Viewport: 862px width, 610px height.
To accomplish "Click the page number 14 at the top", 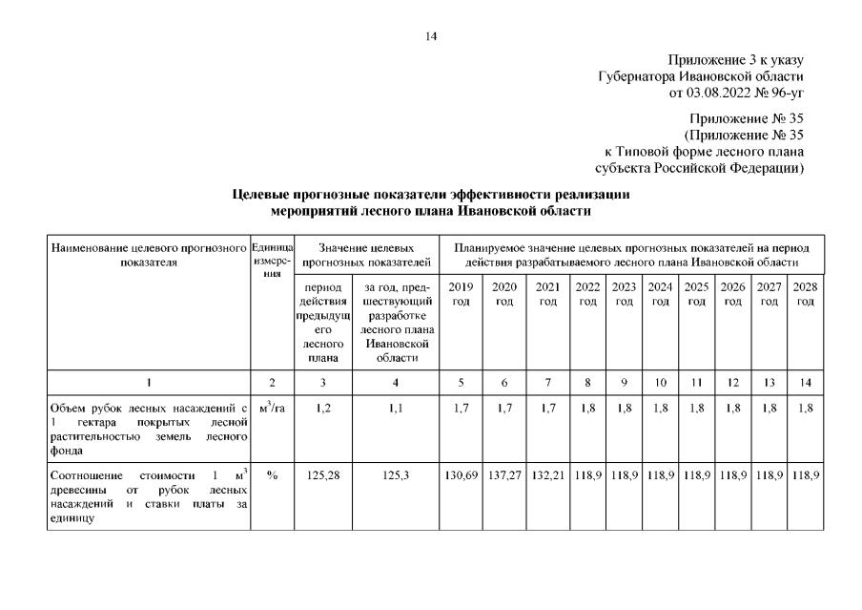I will click(431, 36).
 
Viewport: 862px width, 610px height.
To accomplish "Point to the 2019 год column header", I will click(461, 294).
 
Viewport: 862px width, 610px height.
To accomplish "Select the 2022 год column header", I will click(587, 294).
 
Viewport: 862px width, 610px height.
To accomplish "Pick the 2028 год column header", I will click(806, 294).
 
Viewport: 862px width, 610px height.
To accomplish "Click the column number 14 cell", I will click(806, 383).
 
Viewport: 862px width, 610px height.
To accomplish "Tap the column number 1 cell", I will click(149, 383).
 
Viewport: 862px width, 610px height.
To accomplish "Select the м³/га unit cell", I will click(272, 410).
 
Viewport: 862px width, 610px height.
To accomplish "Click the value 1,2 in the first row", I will click(323, 410).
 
